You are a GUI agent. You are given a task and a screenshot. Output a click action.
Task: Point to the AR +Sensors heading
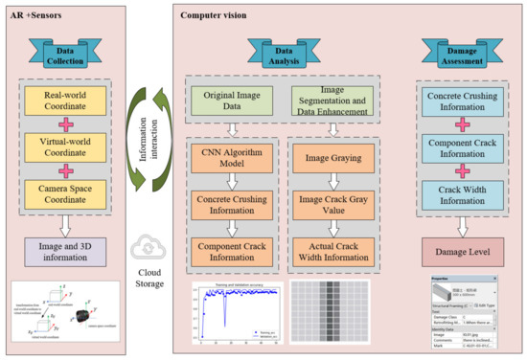pyautogui.click(x=35, y=14)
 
